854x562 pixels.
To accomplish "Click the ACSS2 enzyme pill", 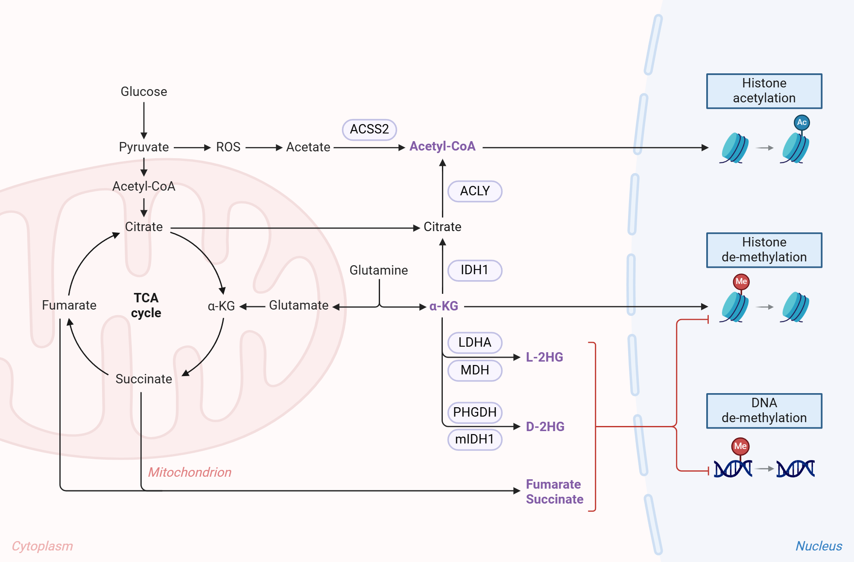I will pyautogui.click(x=369, y=129).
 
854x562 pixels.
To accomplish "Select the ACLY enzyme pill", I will pyautogui.click(x=474, y=191).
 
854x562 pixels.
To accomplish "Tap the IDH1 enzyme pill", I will pyautogui.click(x=474, y=270).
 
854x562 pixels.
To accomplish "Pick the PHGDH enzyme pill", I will pyautogui.click(x=474, y=412).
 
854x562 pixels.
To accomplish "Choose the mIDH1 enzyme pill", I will pyautogui.click(x=474, y=439).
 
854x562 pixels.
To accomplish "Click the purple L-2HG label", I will pyautogui.click(x=544, y=357).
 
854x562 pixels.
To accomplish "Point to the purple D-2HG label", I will pyautogui.click(x=545, y=426).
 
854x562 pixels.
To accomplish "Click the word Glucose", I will pyautogui.click(x=144, y=92).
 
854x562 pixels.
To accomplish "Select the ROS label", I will pyautogui.click(x=228, y=147).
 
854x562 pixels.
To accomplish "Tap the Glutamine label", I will pyautogui.click(x=378, y=270).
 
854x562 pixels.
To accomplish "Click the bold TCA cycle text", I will pyautogui.click(x=146, y=305).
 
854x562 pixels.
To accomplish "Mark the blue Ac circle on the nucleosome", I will pyautogui.click(x=801, y=122).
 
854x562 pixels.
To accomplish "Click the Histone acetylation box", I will pyautogui.click(x=764, y=91).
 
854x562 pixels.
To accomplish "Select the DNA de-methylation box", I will pyautogui.click(x=764, y=411).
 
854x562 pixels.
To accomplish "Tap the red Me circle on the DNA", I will pyautogui.click(x=740, y=446).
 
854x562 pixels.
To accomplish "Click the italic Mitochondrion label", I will pyautogui.click(x=190, y=472).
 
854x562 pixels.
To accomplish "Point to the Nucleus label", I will pyautogui.click(x=818, y=546).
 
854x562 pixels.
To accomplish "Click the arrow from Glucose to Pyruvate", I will pyautogui.click(x=144, y=119).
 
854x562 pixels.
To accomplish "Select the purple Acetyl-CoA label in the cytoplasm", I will pyautogui.click(x=442, y=146).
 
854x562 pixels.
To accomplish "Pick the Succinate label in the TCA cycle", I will pyautogui.click(x=144, y=379).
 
